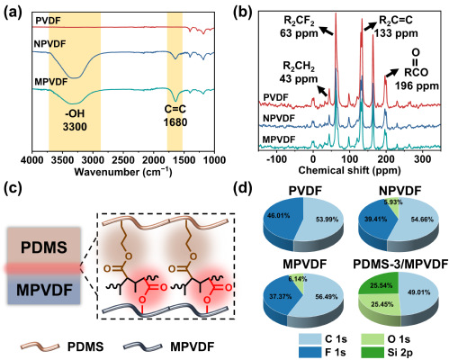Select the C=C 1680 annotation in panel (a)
click(x=175, y=115)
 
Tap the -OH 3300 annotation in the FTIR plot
click(x=75, y=120)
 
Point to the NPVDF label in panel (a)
click(x=49, y=44)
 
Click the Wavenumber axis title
click(x=123, y=172)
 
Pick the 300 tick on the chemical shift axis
click(x=422, y=159)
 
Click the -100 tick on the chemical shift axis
click(x=277, y=159)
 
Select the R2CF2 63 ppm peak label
click(x=299, y=27)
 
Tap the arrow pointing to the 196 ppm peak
click(x=392, y=73)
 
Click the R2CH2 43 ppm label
click(x=299, y=73)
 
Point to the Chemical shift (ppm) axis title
click(x=349, y=170)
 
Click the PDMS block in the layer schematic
click(x=44, y=247)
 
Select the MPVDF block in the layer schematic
click(x=44, y=290)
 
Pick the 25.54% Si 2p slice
click(x=381, y=285)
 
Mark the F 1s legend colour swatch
click(x=310, y=353)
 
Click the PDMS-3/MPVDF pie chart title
click(x=400, y=265)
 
